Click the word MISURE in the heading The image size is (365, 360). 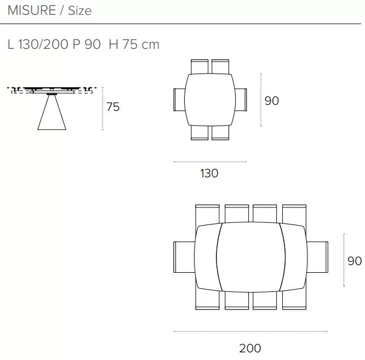tap(32, 10)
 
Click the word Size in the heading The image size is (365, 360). tap(79, 11)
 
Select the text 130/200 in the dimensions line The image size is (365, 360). tap(43, 44)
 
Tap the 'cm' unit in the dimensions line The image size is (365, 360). tap(150, 44)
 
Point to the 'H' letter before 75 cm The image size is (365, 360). tap(113, 44)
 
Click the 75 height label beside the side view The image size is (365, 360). tap(113, 107)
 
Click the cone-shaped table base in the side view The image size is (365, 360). tap(52, 112)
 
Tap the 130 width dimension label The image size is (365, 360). tap(209, 173)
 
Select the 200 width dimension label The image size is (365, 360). tap(250, 348)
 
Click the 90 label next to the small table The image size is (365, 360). tap(272, 101)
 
